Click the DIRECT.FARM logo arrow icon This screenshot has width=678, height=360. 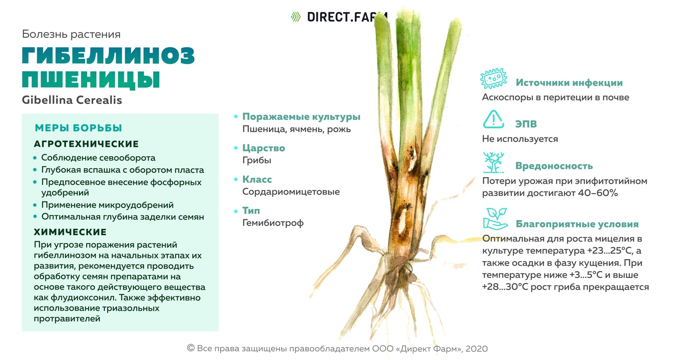[296, 17]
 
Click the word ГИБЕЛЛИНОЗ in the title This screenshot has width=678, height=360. [108, 55]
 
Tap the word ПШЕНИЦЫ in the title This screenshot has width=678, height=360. [91, 79]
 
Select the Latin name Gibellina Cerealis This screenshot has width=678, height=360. [72, 100]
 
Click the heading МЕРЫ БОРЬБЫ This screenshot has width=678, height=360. [78, 128]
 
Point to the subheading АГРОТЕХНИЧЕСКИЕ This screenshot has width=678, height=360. [87, 144]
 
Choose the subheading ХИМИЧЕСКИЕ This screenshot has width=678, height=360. [70, 232]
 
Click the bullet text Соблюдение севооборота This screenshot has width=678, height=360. [98, 158]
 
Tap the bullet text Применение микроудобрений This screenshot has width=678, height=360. [107, 205]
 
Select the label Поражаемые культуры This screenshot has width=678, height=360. [301, 117]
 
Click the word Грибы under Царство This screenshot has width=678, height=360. [257, 160]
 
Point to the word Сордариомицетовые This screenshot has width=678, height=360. [291, 191]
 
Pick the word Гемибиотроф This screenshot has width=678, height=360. [273, 223]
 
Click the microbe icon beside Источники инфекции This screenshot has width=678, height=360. [494, 78]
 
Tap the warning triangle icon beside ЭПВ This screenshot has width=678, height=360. [493, 119]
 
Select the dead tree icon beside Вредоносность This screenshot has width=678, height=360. [494, 163]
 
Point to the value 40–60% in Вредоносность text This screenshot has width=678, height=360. [598, 193]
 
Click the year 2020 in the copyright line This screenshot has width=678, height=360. [477, 349]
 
